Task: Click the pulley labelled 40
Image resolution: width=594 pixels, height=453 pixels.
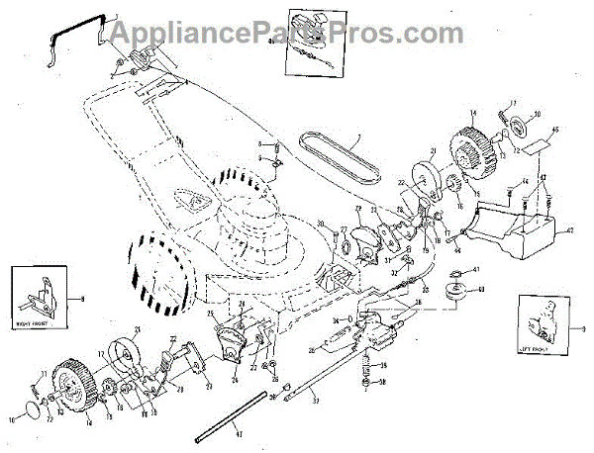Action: point(458,293)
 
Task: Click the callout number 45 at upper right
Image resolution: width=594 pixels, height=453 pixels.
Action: point(555,131)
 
